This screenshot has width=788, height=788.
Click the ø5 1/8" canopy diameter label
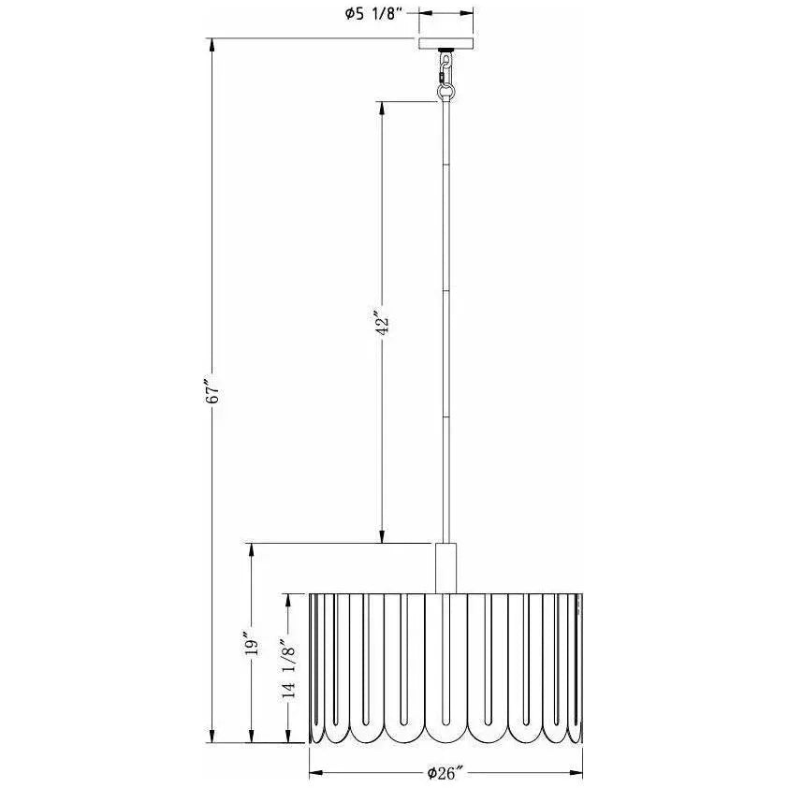tap(372, 14)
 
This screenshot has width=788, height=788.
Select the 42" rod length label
tap(382, 323)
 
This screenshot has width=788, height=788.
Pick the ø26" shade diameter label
tap(445, 773)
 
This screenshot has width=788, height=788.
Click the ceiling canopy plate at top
tap(446, 44)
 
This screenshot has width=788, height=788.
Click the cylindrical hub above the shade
tap(446, 566)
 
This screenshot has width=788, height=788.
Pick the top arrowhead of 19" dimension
tap(251, 549)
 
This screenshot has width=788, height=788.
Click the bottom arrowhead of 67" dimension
tap(213, 737)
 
